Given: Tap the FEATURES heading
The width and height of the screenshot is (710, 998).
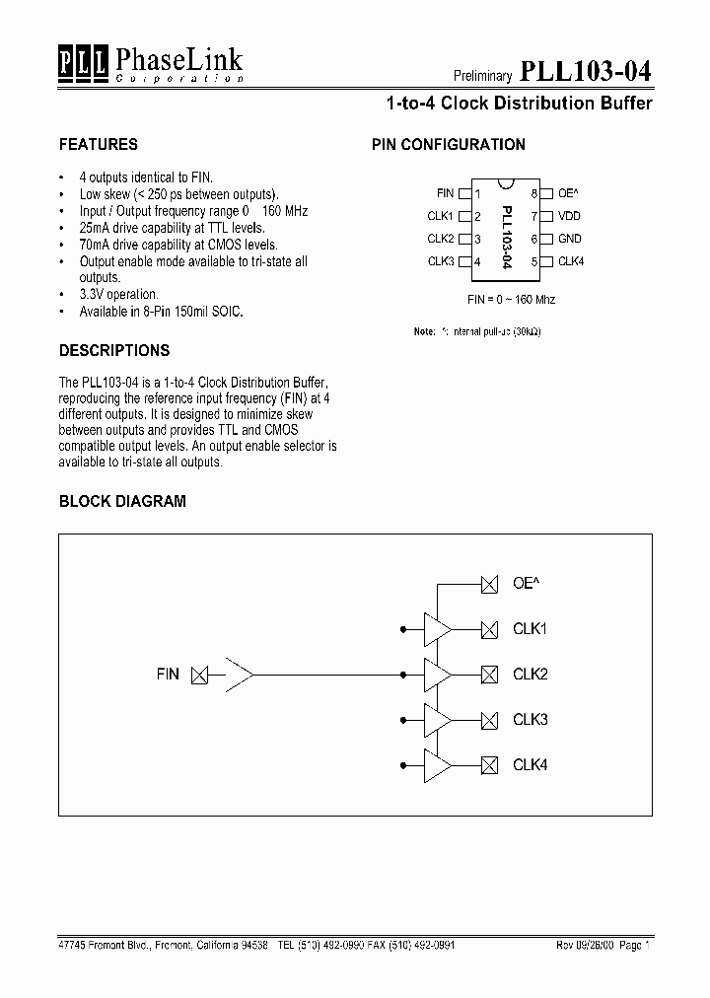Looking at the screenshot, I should coord(99,144).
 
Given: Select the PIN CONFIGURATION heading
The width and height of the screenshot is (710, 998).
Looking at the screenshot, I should coord(448,144).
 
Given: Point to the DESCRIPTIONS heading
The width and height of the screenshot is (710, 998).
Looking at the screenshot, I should coord(114,350).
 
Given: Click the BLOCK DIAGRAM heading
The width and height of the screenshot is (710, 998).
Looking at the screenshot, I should coord(122,501).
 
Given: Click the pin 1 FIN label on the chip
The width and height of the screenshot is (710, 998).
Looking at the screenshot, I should coord(445,193).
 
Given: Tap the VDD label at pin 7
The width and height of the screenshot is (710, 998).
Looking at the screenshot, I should coord(570,216).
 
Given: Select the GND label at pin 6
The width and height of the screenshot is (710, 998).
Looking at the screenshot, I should coord(570,239).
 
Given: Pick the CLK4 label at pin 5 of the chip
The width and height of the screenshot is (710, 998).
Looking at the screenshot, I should coord(571,261).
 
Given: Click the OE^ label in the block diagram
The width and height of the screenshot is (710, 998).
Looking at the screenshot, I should coord(525,584).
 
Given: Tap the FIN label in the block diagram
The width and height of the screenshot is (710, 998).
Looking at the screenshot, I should coord(168,675).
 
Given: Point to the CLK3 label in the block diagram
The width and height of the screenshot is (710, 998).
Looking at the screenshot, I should coord(530,720).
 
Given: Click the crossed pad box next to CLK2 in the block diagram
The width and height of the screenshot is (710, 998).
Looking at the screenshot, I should coord(488,675).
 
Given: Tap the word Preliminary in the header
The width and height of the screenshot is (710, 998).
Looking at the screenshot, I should coord(482,76).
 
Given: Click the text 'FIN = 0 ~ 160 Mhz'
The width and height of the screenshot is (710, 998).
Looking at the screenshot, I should coord(511,299).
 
